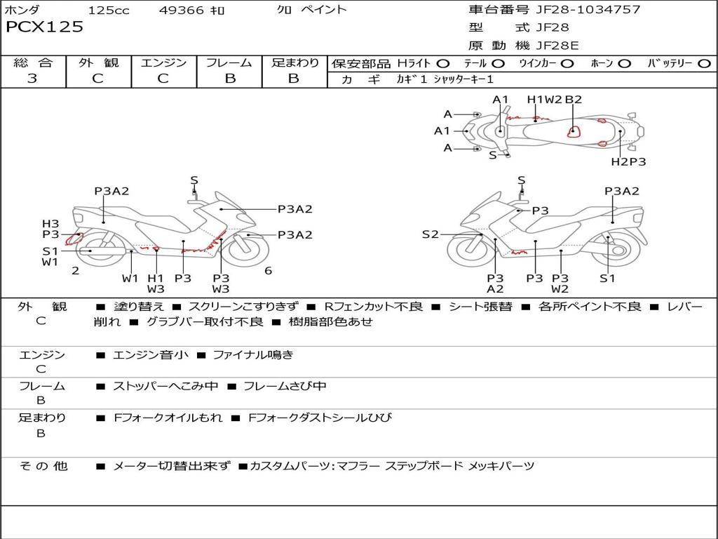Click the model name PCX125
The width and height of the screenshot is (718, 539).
pos(44,27)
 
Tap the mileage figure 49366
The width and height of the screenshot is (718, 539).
pos(182,10)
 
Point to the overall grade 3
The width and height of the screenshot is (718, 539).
pos(32,79)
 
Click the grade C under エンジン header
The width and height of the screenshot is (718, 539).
pos(163,79)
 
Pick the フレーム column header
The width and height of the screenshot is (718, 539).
pos(229,63)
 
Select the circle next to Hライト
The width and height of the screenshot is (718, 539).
pos(442,64)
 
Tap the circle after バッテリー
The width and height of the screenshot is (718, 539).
pos(704,64)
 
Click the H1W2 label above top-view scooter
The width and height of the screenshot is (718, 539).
pos(545,100)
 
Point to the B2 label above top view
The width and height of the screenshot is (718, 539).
pos(574,100)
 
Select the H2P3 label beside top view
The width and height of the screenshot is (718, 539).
pos(628,161)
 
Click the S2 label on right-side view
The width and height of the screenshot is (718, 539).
pos(430,234)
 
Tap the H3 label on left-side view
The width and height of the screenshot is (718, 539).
pos(50,224)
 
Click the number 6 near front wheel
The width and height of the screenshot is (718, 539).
pos(268,271)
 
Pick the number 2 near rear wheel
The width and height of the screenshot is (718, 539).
pos(75,271)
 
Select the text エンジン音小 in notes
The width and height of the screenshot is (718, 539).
pos(151,355)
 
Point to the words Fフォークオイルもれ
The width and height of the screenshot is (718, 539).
pos(168,418)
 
